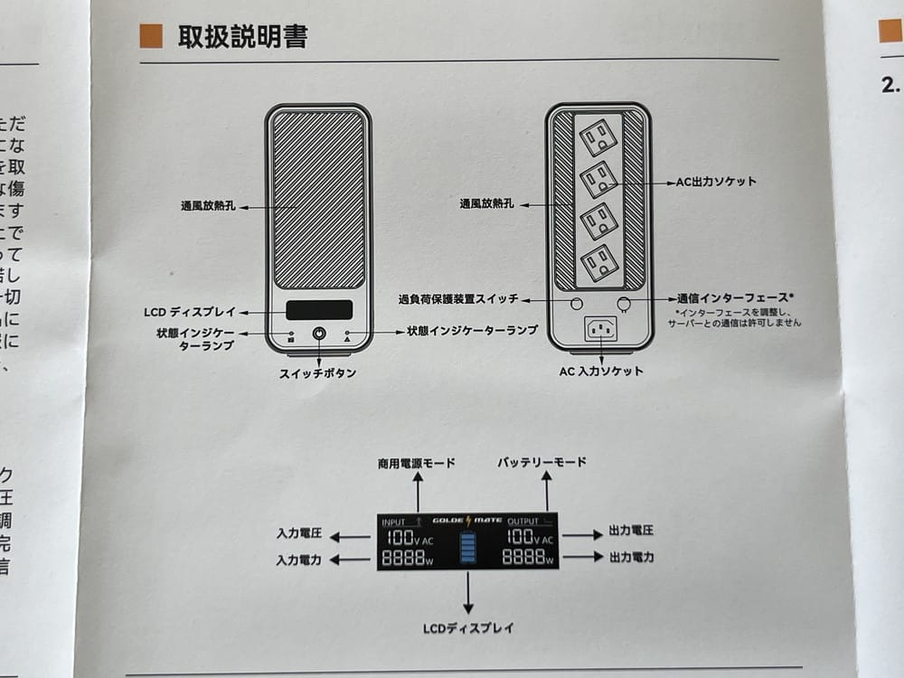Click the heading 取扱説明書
point(243,36)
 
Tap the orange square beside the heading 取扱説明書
point(151,36)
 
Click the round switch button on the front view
point(319,334)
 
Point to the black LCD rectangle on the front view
point(319,310)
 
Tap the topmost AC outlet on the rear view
point(598,137)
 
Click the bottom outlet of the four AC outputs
point(598,262)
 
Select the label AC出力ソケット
point(716,182)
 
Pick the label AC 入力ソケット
point(601,371)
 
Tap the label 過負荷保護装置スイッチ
point(458,298)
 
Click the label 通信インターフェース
point(735,297)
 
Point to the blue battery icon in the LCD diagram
point(467,549)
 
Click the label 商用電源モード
point(417,463)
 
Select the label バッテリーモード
point(541,462)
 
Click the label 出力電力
point(632,558)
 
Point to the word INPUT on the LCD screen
point(394,522)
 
